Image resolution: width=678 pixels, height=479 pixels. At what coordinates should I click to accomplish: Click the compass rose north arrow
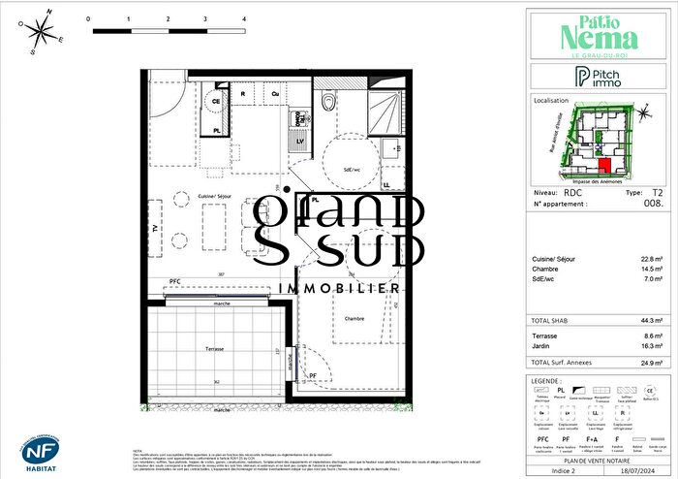(40, 32)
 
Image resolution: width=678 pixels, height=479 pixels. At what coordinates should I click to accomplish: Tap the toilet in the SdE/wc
(329, 102)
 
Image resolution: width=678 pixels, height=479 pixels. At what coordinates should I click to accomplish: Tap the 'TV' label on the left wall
(153, 228)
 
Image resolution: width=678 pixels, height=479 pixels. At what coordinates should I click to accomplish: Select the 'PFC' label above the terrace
(174, 281)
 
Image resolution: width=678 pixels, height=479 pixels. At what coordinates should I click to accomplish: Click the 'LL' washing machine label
(386, 183)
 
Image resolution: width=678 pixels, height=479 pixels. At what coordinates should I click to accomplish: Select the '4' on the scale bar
(243, 18)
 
